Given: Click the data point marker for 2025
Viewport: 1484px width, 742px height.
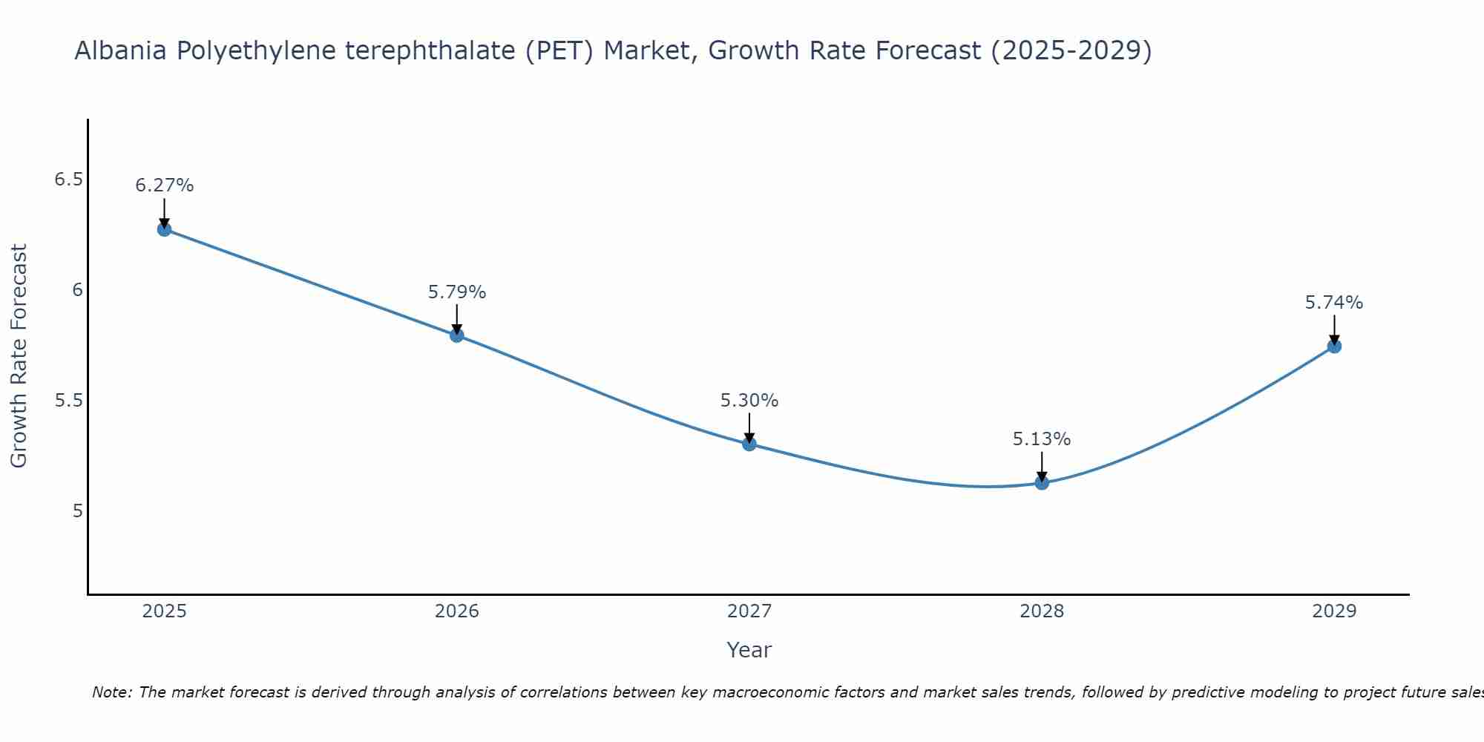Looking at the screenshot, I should [164, 229].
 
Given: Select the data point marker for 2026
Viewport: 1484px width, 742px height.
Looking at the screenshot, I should [456, 335].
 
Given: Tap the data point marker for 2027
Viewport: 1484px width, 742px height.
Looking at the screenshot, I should [749, 444].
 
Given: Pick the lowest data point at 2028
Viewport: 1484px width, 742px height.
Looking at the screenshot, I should [1042, 483].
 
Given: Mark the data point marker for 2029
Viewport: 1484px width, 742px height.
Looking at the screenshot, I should [1334, 347].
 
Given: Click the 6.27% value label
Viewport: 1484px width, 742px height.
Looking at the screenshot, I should [164, 185].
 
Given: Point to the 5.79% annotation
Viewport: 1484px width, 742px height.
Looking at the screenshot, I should [456, 292].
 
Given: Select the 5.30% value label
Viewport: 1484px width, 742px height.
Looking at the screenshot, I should [749, 401].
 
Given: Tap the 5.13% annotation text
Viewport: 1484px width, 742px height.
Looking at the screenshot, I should [1042, 439].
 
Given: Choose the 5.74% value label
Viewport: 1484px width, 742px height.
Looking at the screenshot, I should [1334, 303].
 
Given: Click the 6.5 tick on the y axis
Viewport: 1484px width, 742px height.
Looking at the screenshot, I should [68, 180].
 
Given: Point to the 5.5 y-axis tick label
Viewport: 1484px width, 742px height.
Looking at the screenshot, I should [68, 401].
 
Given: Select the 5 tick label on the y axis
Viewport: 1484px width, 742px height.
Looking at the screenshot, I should [78, 511].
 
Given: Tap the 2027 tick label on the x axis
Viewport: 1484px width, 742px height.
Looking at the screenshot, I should [749, 611].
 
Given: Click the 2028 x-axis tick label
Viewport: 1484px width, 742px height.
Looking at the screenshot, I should [1042, 611].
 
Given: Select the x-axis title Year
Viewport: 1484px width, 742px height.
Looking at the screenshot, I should [749, 650].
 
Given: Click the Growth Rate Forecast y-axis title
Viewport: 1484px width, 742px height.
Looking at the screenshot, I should [19, 356].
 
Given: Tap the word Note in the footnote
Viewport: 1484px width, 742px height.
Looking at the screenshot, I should [111, 692].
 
